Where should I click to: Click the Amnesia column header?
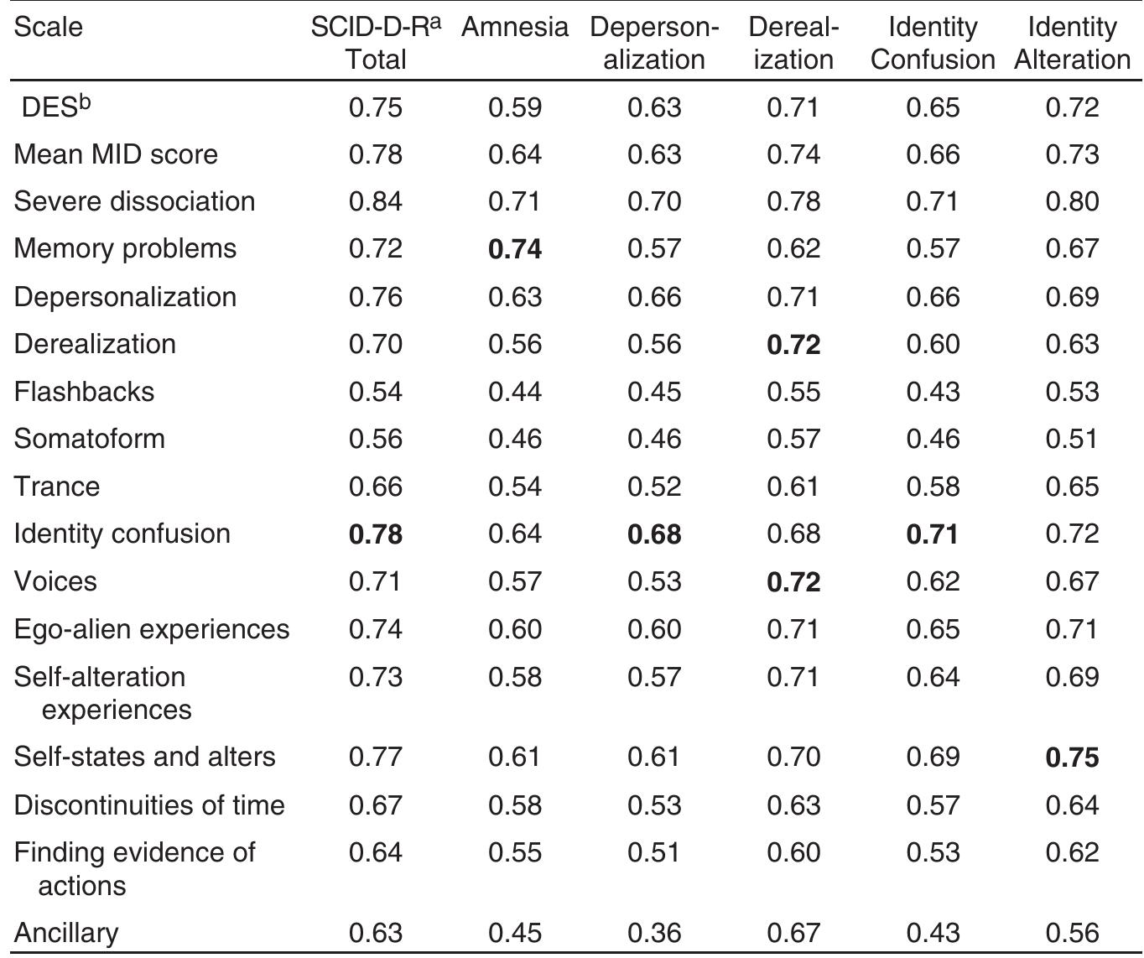(x=514, y=27)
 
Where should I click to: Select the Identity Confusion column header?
(x=932, y=43)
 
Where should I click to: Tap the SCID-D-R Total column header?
(x=376, y=43)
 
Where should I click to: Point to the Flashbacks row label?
(x=84, y=392)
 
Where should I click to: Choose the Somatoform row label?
(x=89, y=439)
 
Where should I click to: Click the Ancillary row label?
(x=66, y=932)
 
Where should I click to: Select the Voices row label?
(x=55, y=581)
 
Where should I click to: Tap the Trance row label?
(x=57, y=487)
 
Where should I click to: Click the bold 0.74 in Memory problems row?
(x=515, y=249)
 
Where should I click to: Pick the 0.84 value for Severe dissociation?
(x=376, y=201)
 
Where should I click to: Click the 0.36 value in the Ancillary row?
(x=654, y=932)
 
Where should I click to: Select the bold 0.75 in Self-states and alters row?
(x=1072, y=758)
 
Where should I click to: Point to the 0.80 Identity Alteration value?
(x=1072, y=201)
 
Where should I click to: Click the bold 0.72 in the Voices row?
(x=793, y=581)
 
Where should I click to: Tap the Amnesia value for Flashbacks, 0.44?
(x=515, y=392)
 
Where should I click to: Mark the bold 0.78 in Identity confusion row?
(x=376, y=534)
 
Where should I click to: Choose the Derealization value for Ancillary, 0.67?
(x=793, y=932)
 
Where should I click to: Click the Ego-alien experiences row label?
(x=152, y=629)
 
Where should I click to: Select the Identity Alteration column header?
(x=1072, y=43)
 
